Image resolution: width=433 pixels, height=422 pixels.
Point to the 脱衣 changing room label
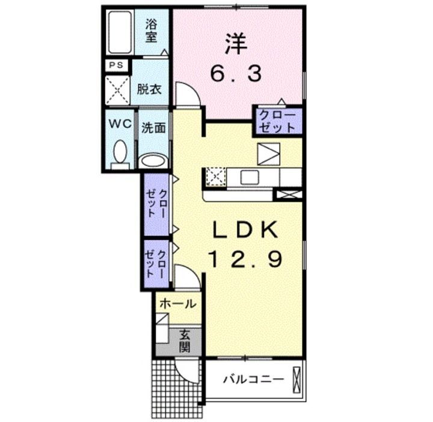[149, 90]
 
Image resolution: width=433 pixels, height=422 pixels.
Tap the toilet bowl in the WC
[120, 152]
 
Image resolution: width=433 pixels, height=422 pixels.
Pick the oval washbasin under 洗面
[153, 160]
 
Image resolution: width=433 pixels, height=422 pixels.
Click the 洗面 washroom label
[153, 127]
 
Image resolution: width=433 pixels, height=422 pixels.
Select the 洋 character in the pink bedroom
[236, 43]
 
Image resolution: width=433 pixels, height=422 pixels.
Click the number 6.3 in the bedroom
[236, 74]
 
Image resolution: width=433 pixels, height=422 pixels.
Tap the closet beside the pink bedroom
[277, 121]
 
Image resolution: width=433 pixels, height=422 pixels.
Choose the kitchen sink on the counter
[250, 176]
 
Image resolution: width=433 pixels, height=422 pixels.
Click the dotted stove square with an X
[213, 176]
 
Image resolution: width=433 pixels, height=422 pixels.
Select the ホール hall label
[177, 304]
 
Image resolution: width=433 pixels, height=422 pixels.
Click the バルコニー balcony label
[253, 379]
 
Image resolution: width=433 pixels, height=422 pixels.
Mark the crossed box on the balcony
[296, 380]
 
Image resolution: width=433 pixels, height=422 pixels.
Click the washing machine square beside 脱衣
[118, 91]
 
